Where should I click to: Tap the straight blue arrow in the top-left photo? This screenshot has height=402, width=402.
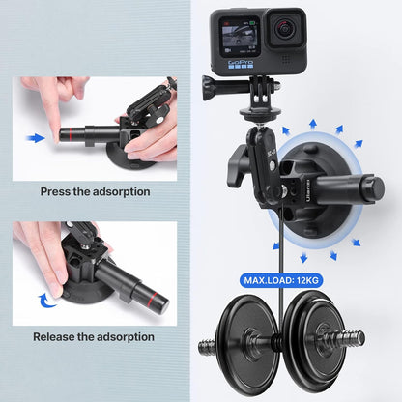pyautogui.click(x=37, y=138)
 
